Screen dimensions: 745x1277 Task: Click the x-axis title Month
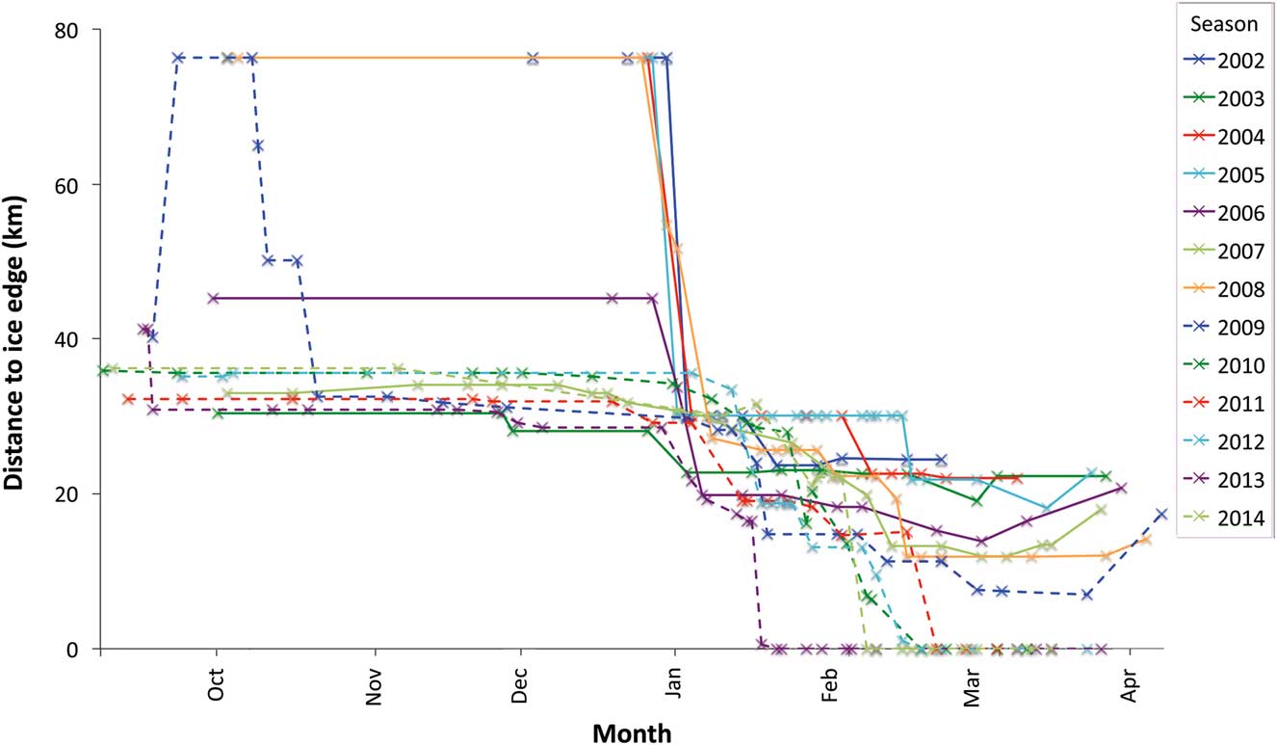(631, 732)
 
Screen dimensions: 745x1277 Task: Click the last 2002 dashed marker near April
(1161, 515)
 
